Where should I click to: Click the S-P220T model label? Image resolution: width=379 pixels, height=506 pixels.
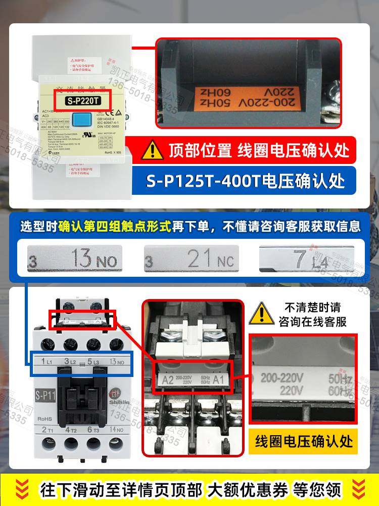[x=83, y=100]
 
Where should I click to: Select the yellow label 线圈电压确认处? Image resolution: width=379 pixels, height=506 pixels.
[x=303, y=440]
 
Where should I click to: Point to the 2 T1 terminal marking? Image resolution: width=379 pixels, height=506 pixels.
[x=48, y=430]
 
